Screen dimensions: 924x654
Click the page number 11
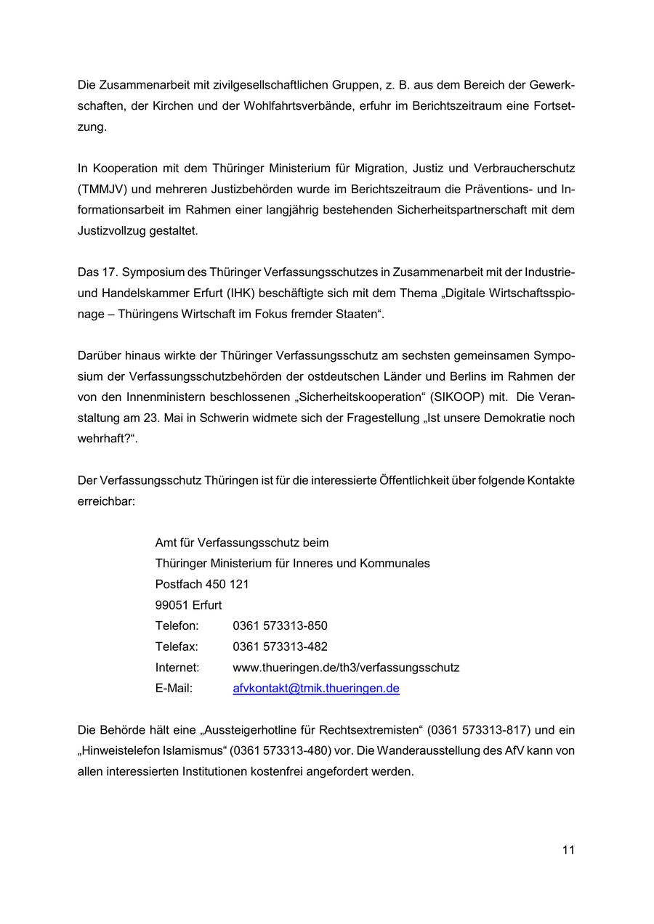coord(568,850)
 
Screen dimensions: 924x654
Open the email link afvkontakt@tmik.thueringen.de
coord(316,688)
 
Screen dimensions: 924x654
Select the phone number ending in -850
coord(280,625)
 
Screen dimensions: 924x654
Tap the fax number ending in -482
coord(280,647)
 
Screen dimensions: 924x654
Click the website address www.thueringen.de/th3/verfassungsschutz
coord(346,667)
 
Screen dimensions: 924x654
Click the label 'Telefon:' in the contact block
coord(177,625)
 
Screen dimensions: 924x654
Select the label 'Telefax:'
coord(177,647)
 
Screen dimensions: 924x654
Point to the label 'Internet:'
coord(177,667)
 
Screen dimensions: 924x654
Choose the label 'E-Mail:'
coord(174,688)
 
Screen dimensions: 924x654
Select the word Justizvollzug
coord(111,231)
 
